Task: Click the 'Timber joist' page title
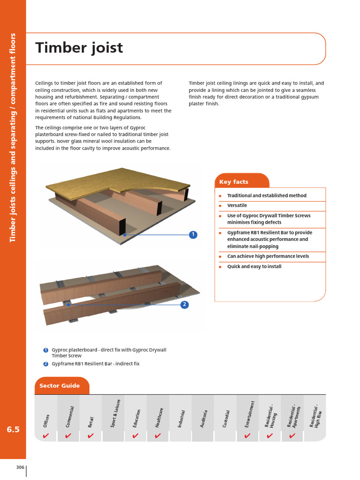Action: [x=79, y=48]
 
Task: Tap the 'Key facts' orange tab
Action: [x=237, y=182]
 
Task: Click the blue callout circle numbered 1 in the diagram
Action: [x=193, y=235]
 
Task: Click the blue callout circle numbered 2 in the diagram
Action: [x=185, y=305]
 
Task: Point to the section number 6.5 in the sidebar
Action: [x=13, y=429]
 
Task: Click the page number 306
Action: [x=20, y=467]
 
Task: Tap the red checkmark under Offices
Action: [x=46, y=436]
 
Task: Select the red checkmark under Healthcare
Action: [x=158, y=436]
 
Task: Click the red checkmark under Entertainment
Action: [x=247, y=436]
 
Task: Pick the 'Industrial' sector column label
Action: [x=181, y=418]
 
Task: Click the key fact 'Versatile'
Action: [x=237, y=206]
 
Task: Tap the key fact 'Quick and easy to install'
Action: [x=254, y=267]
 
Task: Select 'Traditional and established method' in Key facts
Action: [x=267, y=195]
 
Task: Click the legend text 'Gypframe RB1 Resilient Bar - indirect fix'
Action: [x=96, y=364]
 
